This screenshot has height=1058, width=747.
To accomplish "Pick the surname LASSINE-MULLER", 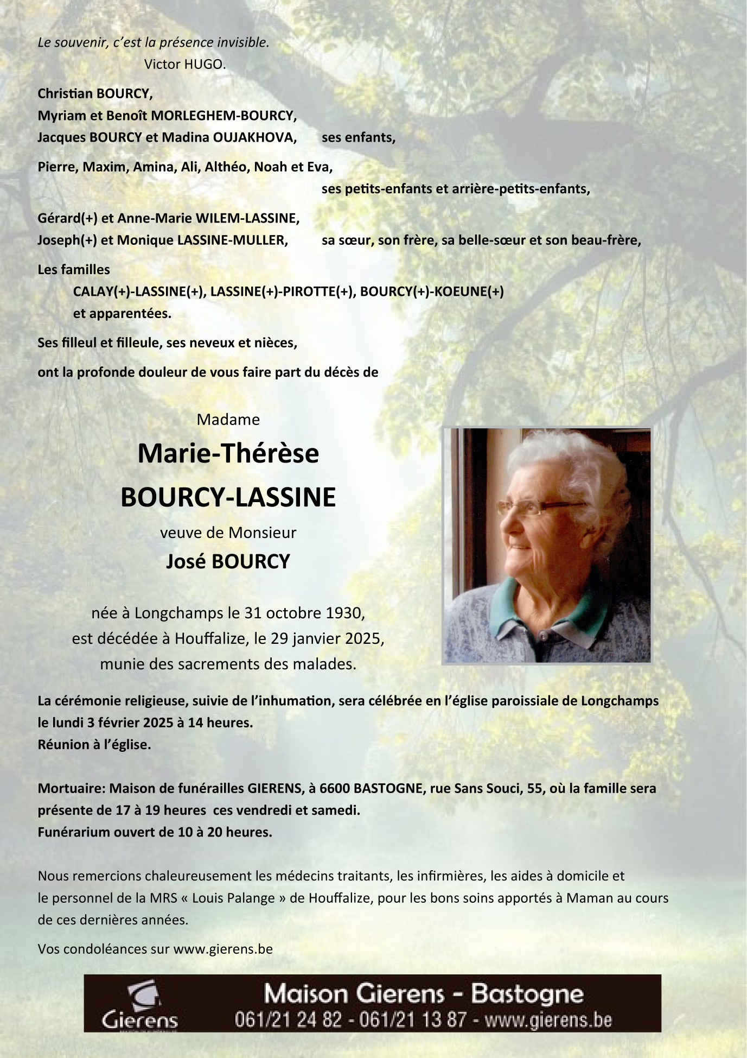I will (233, 240).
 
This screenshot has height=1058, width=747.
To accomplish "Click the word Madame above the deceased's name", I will (228, 420).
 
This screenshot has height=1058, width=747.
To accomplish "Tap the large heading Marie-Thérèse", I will (228, 454).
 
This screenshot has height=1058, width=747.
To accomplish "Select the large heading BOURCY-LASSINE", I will (228, 497).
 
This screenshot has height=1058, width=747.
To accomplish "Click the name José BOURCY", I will (228, 561).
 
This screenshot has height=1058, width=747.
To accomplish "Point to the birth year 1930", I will (344, 613).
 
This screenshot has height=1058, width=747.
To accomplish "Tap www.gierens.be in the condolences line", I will (223, 949).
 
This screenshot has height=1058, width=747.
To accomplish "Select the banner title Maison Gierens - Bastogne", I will (423, 994).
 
